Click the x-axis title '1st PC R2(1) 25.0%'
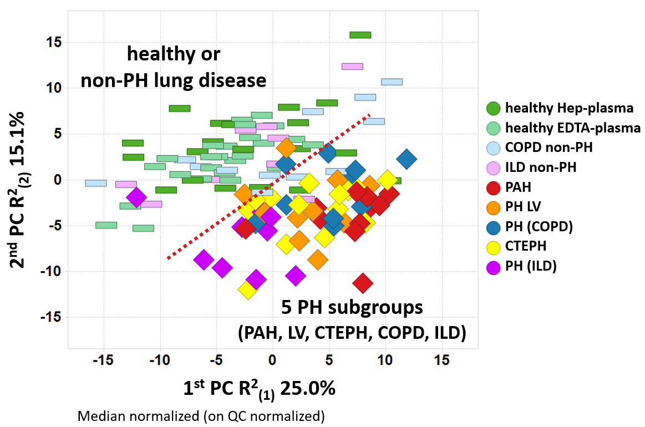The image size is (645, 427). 259,388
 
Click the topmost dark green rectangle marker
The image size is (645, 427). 360,35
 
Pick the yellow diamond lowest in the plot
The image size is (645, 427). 248,289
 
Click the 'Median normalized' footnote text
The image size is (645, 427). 201,415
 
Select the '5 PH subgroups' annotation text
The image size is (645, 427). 353,307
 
